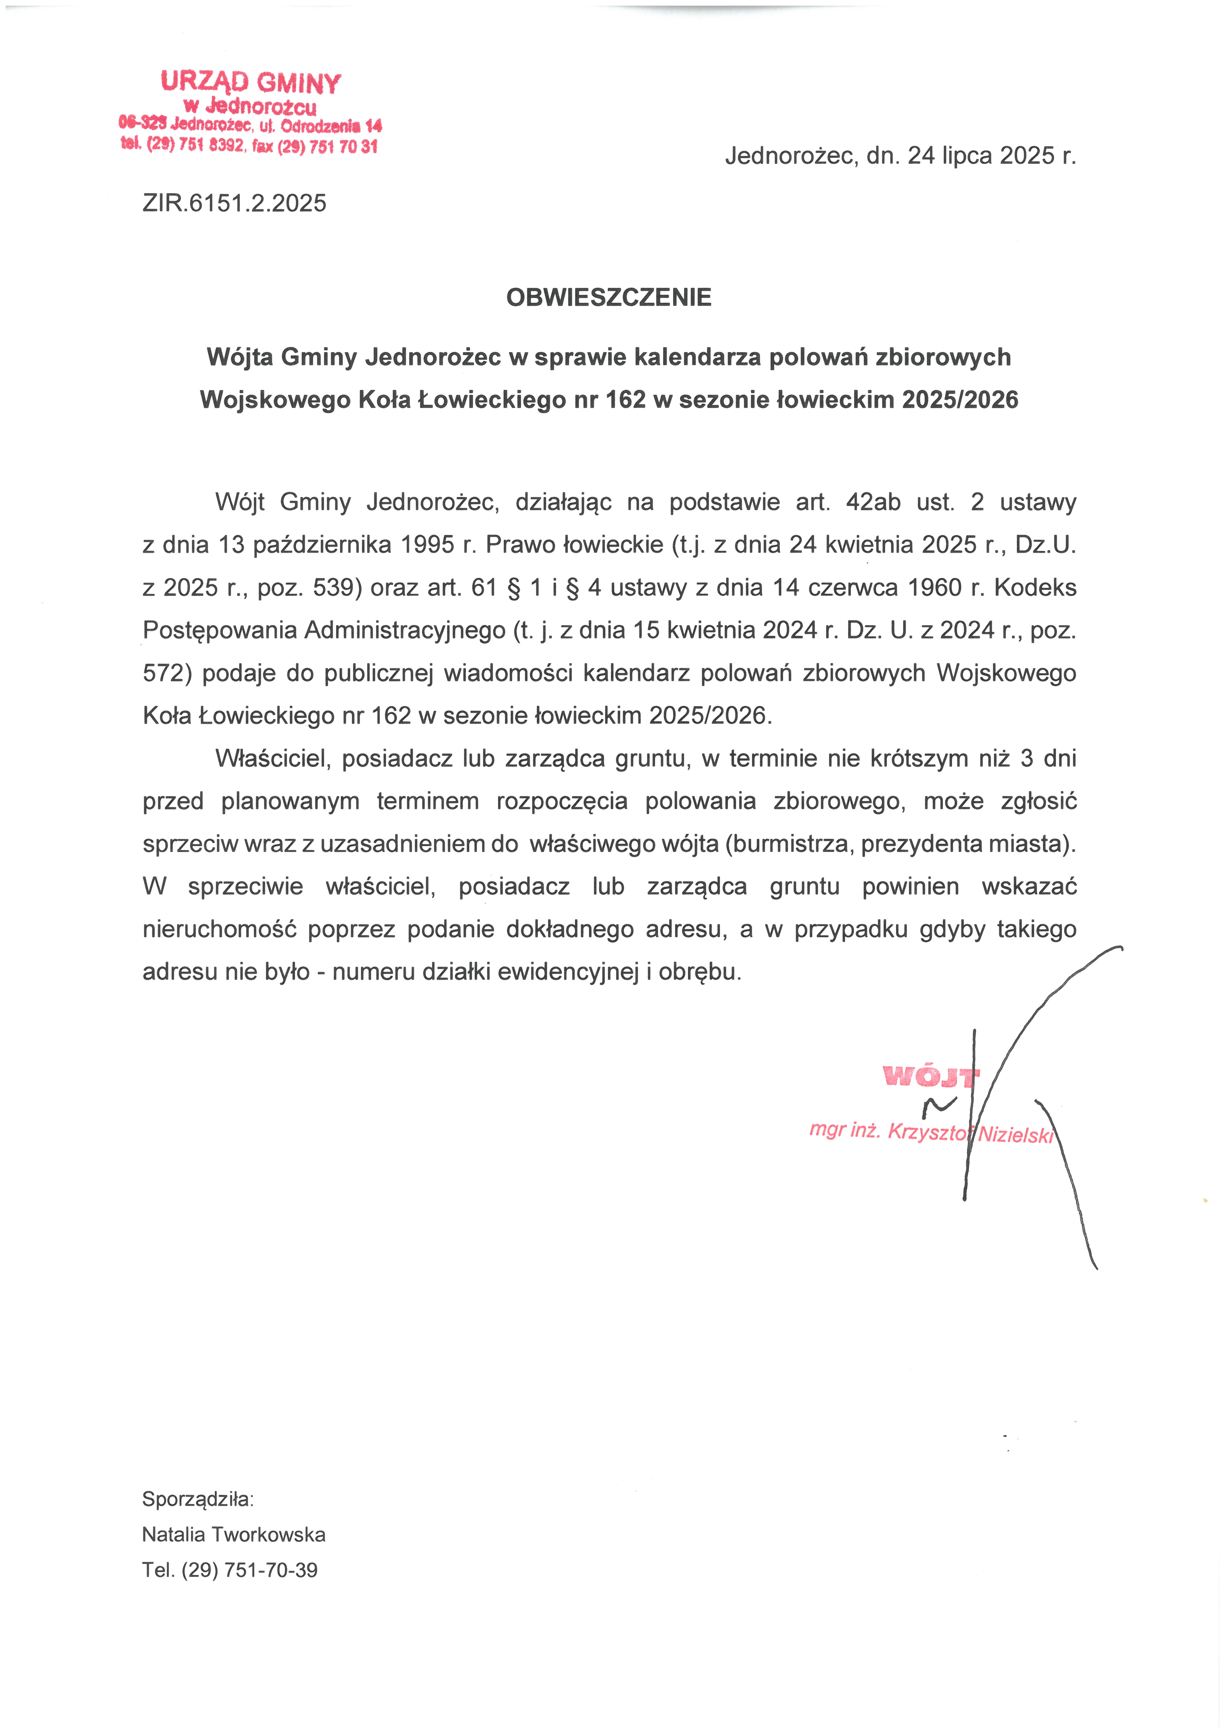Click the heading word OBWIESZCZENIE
point(608,298)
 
